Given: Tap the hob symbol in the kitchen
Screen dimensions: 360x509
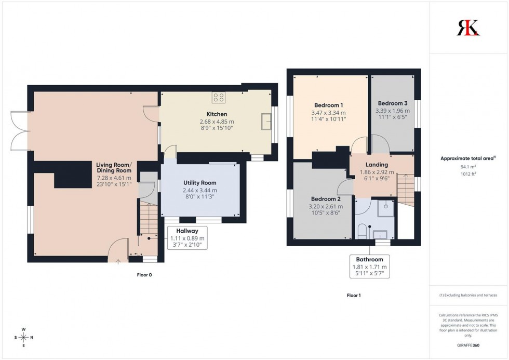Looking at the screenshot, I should (219, 97).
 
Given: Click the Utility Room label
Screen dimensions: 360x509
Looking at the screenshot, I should (199, 183).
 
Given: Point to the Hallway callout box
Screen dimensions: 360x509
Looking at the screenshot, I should (187, 238).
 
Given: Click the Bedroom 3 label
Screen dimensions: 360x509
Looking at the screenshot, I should (393, 103).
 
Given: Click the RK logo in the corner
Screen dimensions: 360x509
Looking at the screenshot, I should (468, 28).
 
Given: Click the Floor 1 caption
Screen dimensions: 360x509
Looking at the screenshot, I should (354, 296).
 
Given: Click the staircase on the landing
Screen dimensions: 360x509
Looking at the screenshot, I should (406, 189).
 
